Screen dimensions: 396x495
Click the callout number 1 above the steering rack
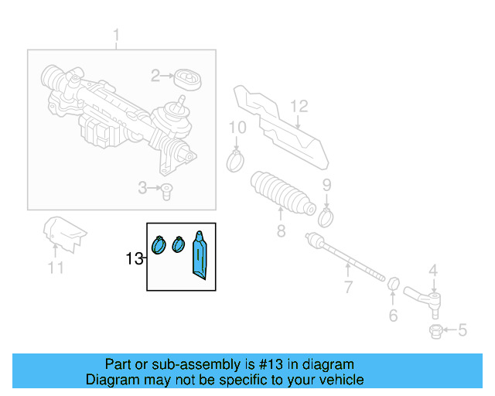coord(117,35)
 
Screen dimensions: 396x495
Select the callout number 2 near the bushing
coord(155,75)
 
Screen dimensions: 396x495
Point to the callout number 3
coord(142,187)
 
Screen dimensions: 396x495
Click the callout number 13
coord(135,258)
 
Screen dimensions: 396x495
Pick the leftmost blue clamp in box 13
coord(159,244)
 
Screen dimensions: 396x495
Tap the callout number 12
coord(299,106)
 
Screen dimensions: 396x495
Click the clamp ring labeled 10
coord(236,161)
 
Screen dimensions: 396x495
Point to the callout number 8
coord(282,230)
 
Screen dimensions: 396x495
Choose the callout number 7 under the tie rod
coord(348,288)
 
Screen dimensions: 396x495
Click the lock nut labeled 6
coord(392,285)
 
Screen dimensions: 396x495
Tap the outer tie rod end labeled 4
coord(422,298)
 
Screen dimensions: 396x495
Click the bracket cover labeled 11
coord(63,233)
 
